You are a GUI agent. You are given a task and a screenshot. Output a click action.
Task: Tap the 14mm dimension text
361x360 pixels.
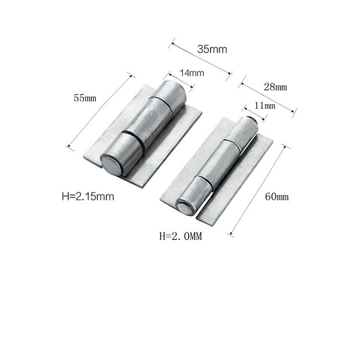[191, 72]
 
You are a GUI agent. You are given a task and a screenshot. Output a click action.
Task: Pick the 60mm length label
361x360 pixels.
[277, 196]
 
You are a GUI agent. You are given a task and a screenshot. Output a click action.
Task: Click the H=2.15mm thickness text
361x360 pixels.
[87, 196]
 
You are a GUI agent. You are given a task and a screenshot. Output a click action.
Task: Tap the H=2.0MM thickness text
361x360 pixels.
[180, 236]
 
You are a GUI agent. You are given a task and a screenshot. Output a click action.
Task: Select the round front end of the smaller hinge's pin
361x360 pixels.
[185, 209]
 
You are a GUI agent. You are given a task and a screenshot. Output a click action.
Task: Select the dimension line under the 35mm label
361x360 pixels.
[201, 58]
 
